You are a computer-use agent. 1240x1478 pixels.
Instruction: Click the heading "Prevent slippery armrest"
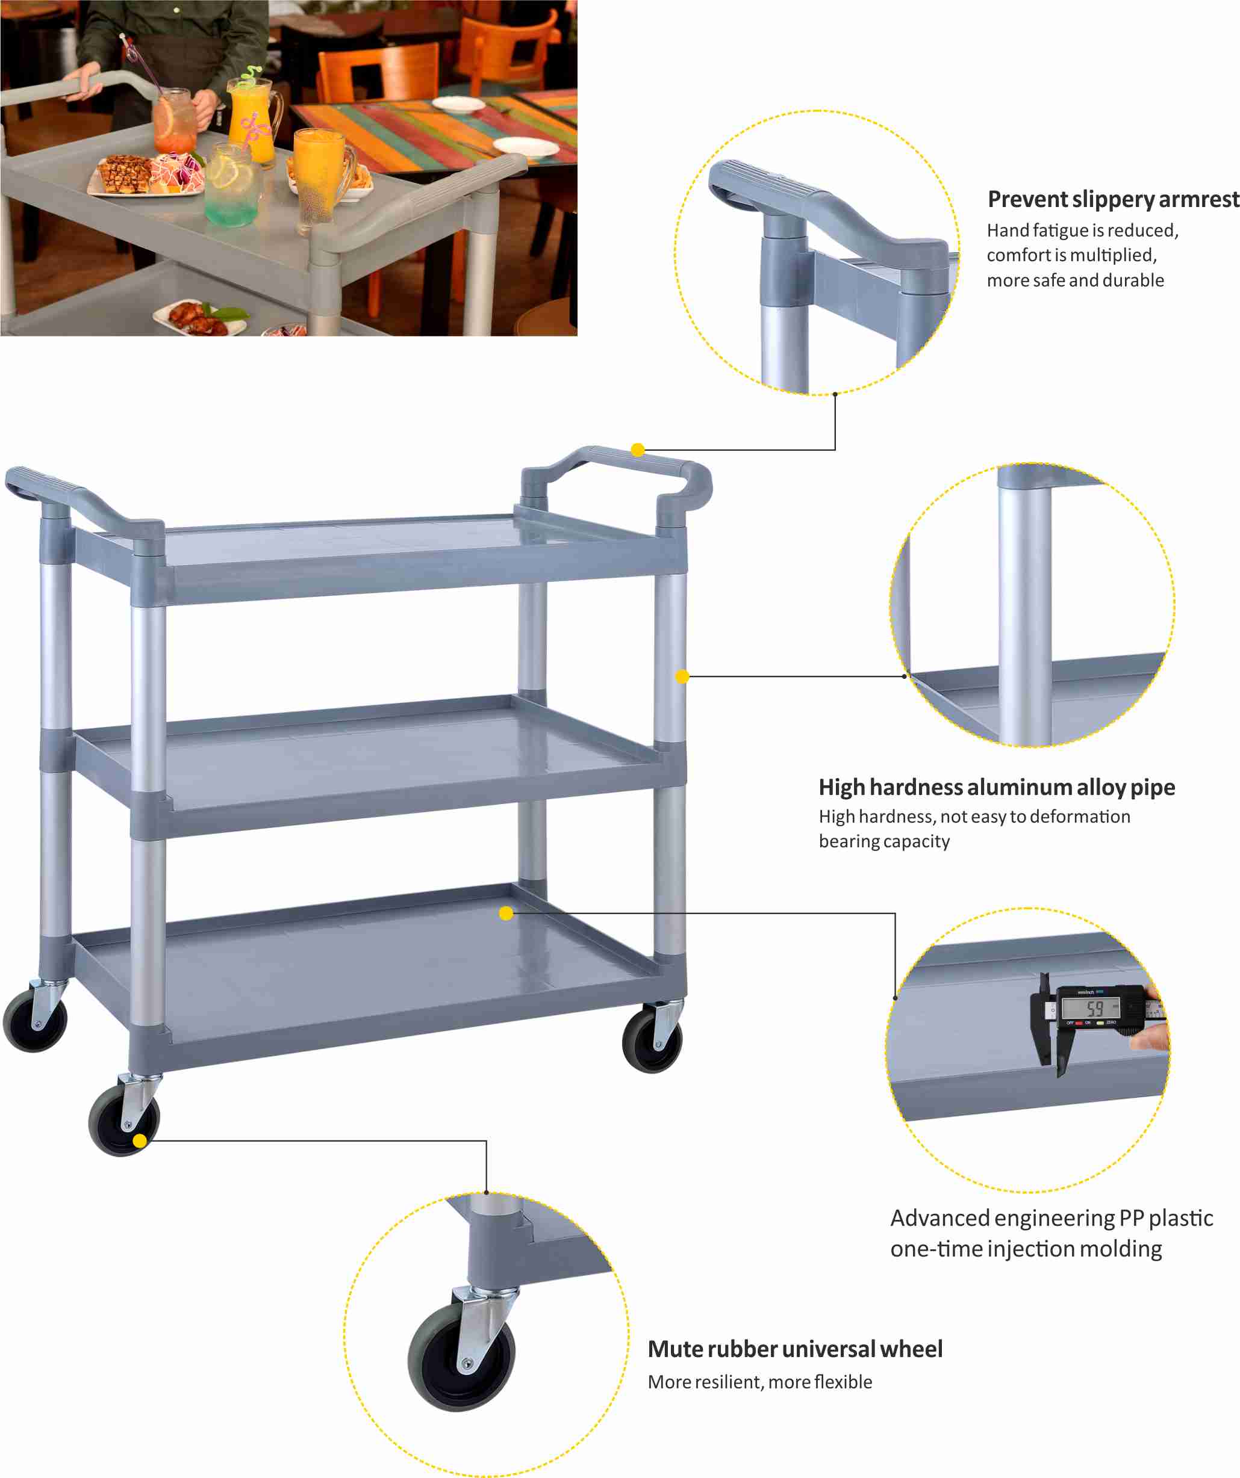point(1112,199)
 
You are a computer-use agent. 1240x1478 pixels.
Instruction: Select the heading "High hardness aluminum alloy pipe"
point(996,787)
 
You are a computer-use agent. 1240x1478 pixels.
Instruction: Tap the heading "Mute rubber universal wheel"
point(795,1349)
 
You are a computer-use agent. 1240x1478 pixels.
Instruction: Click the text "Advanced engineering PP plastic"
point(1052,1217)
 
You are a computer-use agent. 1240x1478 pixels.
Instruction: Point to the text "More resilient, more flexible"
point(760,1382)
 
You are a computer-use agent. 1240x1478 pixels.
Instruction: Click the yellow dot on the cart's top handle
point(637,450)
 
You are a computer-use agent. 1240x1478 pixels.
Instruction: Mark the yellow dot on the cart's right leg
point(682,676)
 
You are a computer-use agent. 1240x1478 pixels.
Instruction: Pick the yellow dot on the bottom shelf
point(506,914)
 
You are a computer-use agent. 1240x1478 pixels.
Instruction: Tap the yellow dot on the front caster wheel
point(140,1141)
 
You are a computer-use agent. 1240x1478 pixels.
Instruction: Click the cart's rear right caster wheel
point(652,1040)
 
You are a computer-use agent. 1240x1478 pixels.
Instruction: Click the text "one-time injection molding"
point(1026,1249)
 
